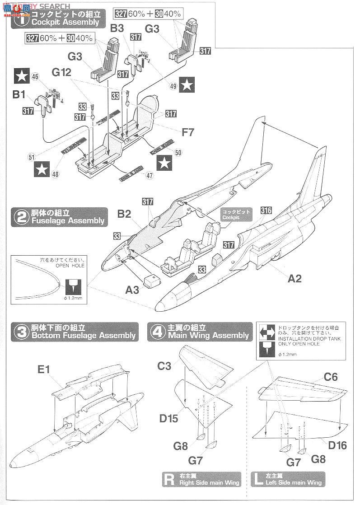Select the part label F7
[188, 133]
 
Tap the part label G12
[62, 72]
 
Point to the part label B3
[117, 28]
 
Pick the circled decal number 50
[178, 153]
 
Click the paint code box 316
[266, 211]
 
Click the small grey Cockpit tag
[235, 215]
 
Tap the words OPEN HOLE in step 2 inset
[67, 266]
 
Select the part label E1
[45, 369]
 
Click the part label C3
[164, 365]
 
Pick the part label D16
[337, 446]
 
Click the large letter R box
[169, 479]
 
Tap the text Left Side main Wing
[294, 483]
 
